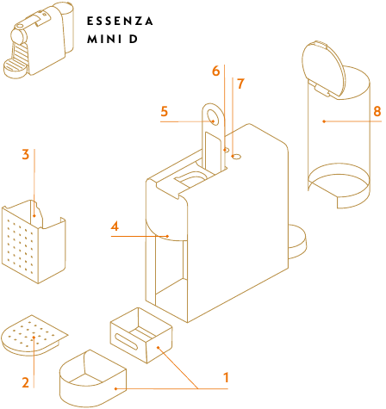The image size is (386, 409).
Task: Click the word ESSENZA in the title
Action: [120, 22]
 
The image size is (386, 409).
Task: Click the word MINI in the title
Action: [101, 39]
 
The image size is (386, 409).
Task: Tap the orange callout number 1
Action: [226, 378]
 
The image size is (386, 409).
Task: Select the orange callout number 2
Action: [26, 382]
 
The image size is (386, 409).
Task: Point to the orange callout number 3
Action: [26, 154]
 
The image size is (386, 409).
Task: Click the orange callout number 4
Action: [115, 226]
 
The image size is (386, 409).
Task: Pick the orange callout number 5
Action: [165, 112]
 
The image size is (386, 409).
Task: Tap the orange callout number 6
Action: [216, 71]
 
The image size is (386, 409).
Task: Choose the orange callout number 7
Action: [240, 84]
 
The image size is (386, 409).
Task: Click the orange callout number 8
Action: [377, 111]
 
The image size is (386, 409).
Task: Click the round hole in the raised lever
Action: [214, 117]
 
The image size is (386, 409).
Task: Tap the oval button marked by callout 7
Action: [236, 157]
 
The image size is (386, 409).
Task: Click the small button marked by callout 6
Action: [226, 150]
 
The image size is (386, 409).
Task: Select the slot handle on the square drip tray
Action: [127, 342]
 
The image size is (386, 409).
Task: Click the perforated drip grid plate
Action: [34, 335]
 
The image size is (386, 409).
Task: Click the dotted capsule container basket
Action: [34, 242]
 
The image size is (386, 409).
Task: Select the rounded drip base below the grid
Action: [93, 378]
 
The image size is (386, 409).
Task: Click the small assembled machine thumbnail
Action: [39, 40]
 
